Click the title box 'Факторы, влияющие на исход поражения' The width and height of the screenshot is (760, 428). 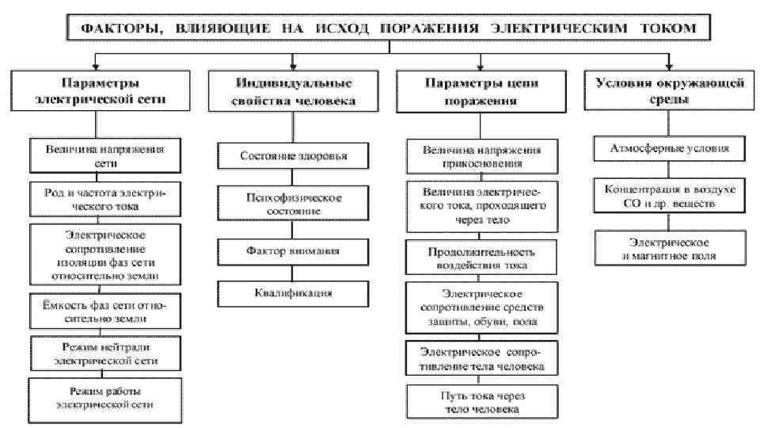click(388, 29)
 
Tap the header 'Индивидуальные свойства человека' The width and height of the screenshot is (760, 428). click(293, 92)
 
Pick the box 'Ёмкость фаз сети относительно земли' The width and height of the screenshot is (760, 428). click(100, 312)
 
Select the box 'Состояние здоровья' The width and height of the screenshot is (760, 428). click(293, 156)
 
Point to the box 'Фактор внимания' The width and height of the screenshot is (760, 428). click(293, 251)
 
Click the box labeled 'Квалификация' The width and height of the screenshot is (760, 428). click(293, 293)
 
